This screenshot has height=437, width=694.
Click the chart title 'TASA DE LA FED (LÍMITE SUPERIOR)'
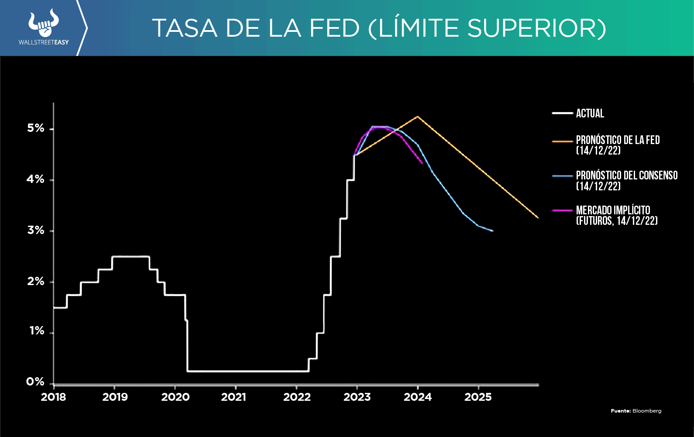pos(379,28)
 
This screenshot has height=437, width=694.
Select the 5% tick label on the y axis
pos(36,128)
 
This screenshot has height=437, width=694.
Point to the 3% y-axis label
pos(36,231)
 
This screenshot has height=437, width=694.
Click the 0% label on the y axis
pos(35,382)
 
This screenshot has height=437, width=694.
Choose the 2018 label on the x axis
pos(53,397)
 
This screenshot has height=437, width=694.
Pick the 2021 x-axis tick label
pos(234,397)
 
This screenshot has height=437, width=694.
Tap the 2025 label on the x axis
pos(478,397)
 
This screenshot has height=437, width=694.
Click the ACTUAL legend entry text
pos(590,114)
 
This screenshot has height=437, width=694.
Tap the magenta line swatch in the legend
pos(562,210)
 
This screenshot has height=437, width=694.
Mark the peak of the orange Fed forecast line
pos(418,117)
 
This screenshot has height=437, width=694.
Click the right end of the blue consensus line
pos(492,231)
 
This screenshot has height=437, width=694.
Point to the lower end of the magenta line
pos(422,163)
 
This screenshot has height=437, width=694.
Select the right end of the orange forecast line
pos(538,217)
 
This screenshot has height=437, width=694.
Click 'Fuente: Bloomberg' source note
pos(636,411)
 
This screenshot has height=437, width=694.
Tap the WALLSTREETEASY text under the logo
pos(44,42)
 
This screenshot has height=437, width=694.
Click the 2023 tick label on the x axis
pos(357,397)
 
